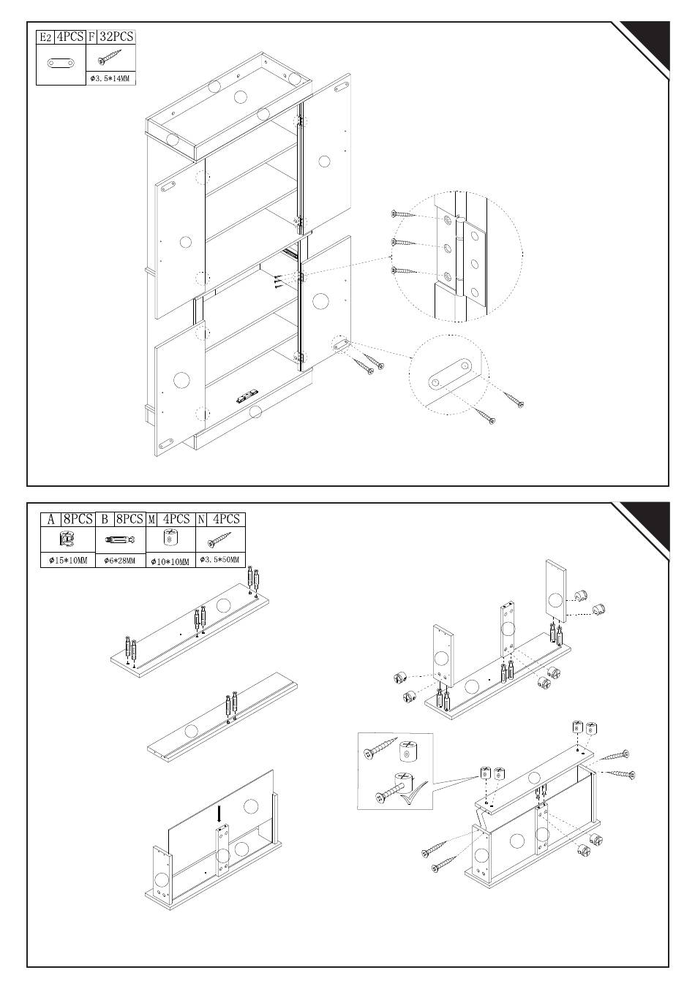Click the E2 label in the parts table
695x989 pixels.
[x=45, y=37]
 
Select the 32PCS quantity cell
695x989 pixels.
[x=116, y=37]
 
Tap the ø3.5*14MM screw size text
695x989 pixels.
[x=110, y=78]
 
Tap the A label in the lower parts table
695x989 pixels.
[x=50, y=519]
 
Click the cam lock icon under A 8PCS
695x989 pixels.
[x=67, y=539]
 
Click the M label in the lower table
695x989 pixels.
[x=152, y=519]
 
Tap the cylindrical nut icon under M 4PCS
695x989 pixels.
[x=170, y=539]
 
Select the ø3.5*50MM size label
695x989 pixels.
[x=220, y=561]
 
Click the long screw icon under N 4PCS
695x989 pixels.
[x=220, y=539]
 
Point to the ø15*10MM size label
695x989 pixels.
[x=67, y=561]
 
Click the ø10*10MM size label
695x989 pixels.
[x=170, y=561]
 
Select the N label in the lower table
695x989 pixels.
[x=201, y=519]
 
